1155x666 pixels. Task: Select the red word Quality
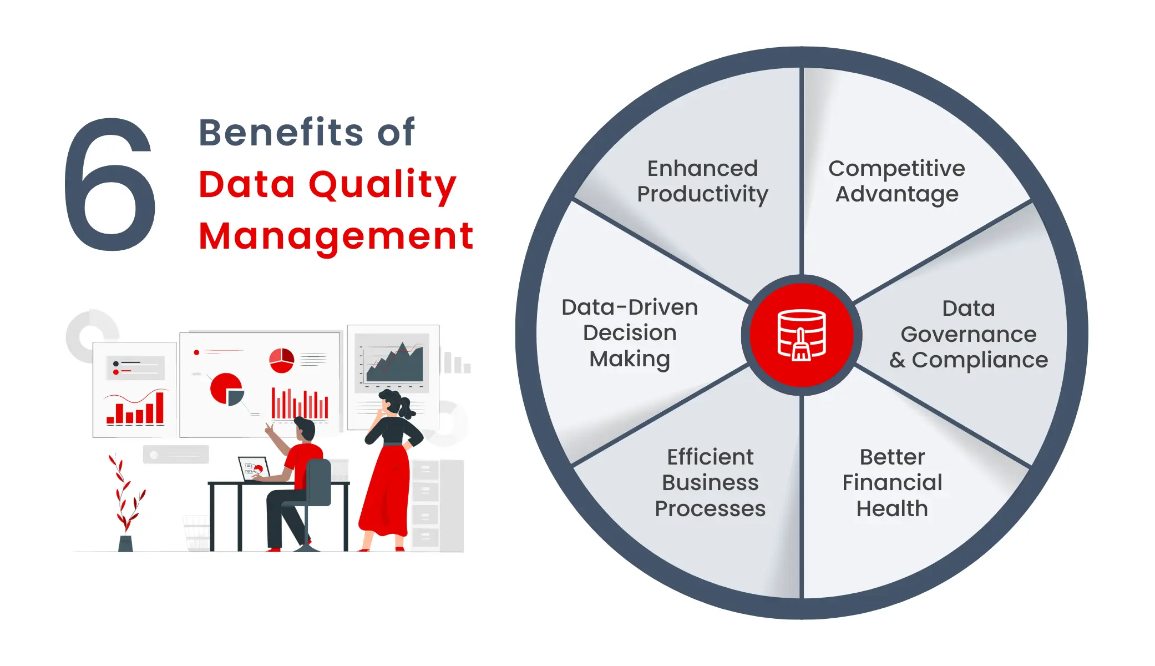382,184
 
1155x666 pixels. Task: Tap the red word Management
336,236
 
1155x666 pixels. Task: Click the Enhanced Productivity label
702,181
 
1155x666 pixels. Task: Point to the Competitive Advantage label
896,181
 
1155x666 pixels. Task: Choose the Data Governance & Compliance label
969,334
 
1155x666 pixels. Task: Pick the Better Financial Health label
892,482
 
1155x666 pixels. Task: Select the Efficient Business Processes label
710,482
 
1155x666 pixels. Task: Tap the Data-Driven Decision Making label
630,333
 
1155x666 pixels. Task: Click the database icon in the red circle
802,335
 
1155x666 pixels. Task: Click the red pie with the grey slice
227,388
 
